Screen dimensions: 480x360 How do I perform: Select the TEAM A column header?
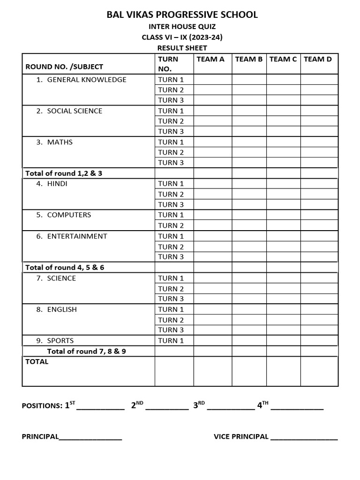click(x=210, y=59)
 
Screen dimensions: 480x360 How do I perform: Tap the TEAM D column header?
click(x=317, y=59)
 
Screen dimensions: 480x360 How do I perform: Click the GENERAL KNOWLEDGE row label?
click(x=87, y=80)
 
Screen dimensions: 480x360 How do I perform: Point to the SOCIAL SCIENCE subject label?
click(x=75, y=111)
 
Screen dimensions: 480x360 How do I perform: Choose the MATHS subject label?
click(x=60, y=142)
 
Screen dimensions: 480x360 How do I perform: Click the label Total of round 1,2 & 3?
click(x=64, y=173)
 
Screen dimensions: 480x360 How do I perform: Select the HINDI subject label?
click(x=57, y=184)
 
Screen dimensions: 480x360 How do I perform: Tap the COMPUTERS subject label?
click(x=69, y=215)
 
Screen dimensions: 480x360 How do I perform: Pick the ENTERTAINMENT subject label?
click(x=77, y=236)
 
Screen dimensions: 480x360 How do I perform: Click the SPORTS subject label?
click(x=60, y=341)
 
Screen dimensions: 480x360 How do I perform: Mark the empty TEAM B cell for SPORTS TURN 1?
click(x=249, y=341)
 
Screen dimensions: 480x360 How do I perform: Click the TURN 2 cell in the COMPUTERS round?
click(x=174, y=225)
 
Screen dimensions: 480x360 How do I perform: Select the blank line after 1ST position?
click(x=100, y=407)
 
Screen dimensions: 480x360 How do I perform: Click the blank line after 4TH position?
click(x=297, y=407)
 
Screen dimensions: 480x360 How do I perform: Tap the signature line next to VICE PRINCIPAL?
click(x=304, y=438)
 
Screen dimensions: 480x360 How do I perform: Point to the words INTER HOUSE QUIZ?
click(x=182, y=27)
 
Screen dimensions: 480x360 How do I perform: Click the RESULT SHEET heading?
click(x=182, y=48)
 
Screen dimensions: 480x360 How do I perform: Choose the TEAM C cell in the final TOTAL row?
click(x=283, y=371)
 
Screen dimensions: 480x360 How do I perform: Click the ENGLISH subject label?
click(x=62, y=309)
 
